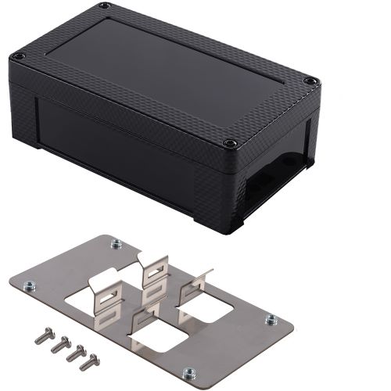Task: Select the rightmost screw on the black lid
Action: click(310, 81)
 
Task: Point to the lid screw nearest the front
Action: click(230, 144)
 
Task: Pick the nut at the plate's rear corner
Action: click(116, 243)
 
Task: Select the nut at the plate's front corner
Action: click(188, 372)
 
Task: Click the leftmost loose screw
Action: click(41, 338)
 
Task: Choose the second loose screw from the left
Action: click(57, 344)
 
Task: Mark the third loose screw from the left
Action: click(74, 351)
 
